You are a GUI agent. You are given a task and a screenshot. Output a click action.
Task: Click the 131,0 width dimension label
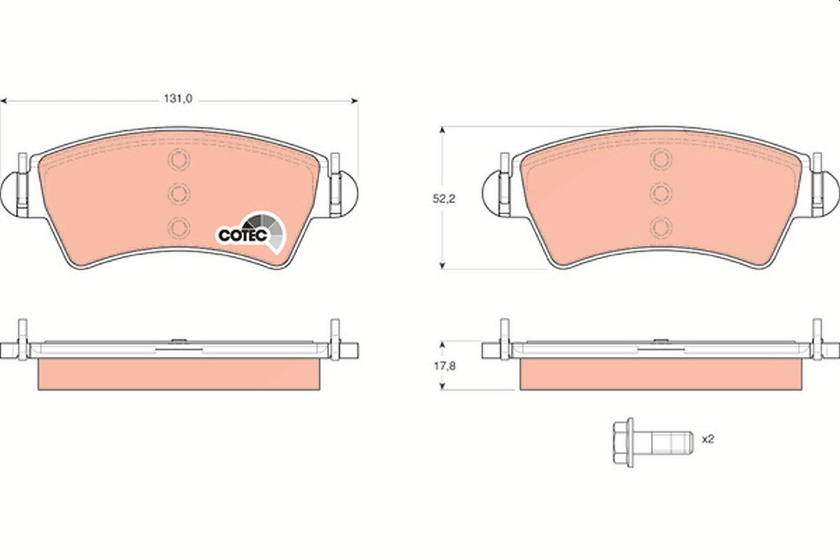coord(178,99)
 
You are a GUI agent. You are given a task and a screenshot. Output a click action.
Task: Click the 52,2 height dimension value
coord(444,199)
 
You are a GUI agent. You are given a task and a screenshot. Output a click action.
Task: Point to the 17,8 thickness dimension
coord(444,366)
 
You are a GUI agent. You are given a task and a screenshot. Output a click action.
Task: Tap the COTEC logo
coord(251,232)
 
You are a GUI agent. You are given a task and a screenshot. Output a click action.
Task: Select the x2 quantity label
coord(708,439)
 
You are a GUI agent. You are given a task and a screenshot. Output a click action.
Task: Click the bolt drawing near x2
coord(653,443)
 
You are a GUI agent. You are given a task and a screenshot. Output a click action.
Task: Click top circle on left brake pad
coord(179,160)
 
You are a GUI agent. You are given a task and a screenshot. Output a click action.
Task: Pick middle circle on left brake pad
coord(179,193)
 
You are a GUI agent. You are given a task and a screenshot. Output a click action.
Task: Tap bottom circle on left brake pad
coord(179,227)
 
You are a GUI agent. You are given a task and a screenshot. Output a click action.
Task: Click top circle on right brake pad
coord(661,160)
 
